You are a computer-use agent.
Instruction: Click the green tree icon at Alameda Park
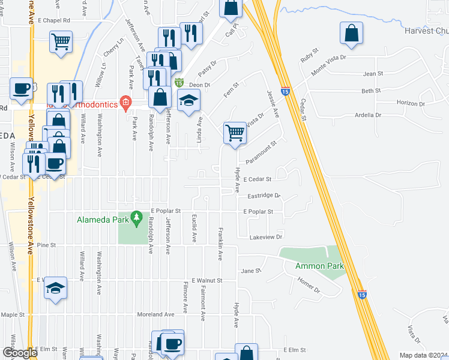(136, 215)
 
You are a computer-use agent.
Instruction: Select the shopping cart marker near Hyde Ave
(235, 132)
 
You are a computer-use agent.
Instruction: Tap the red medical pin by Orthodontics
(125, 101)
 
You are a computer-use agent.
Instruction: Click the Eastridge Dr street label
(264, 196)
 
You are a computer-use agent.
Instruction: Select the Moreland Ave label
(154, 314)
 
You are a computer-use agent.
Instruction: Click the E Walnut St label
(206, 280)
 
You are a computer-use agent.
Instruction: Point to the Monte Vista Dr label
(329, 64)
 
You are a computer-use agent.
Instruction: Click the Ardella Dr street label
(368, 115)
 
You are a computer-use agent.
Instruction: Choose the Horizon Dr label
(411, 103)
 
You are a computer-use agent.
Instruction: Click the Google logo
(20, 353)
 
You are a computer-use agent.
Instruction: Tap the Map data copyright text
(423, 355)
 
